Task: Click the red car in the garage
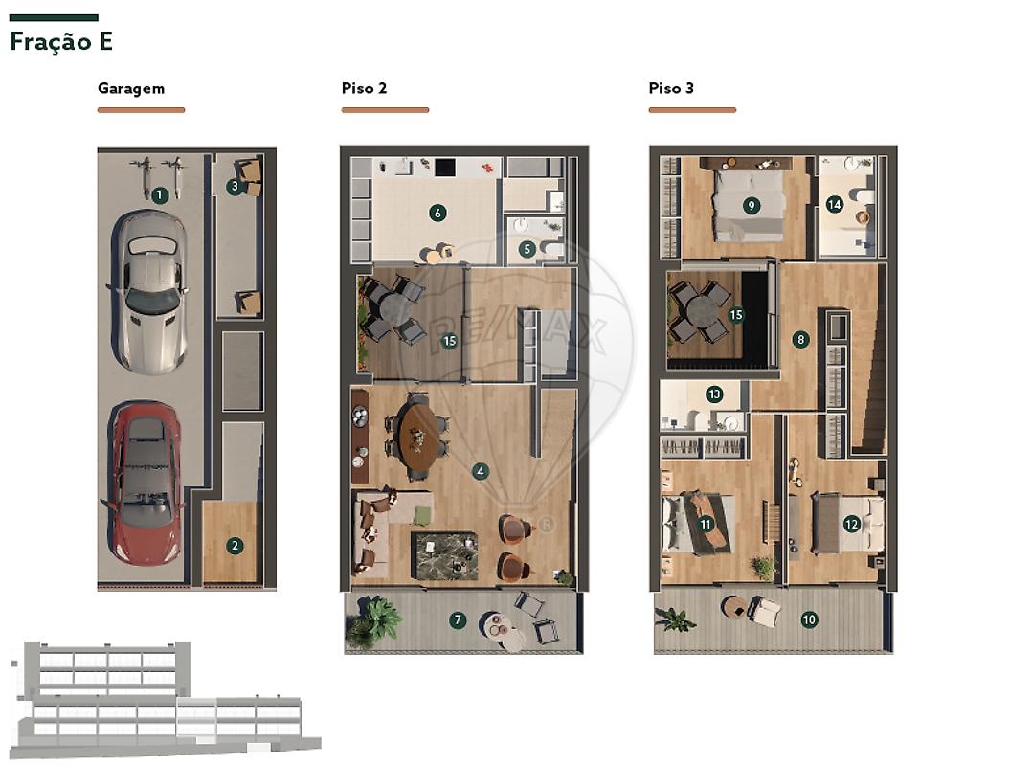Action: [145, 484]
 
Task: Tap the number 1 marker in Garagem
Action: [159, 194]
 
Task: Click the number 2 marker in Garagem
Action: [235, 545]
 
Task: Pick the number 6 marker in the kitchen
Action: [437, 213]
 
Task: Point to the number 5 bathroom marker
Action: [527, 249]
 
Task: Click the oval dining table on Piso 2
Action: [418, 438]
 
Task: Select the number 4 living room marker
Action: [481, 471]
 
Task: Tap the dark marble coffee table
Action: [444, 556]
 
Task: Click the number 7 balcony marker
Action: [458, 620]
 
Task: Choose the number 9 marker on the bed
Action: [751, 205]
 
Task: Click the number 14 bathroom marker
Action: [835, 204]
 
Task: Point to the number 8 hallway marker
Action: [800, 340]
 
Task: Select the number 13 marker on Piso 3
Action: [714, 394]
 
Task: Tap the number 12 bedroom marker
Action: [852, 524]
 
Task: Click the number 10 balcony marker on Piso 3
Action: [809, 620]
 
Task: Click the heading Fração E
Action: [61, 41]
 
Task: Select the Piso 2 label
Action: [364, 88]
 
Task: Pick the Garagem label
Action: [131, 89]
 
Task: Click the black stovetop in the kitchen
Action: [445, 168]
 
